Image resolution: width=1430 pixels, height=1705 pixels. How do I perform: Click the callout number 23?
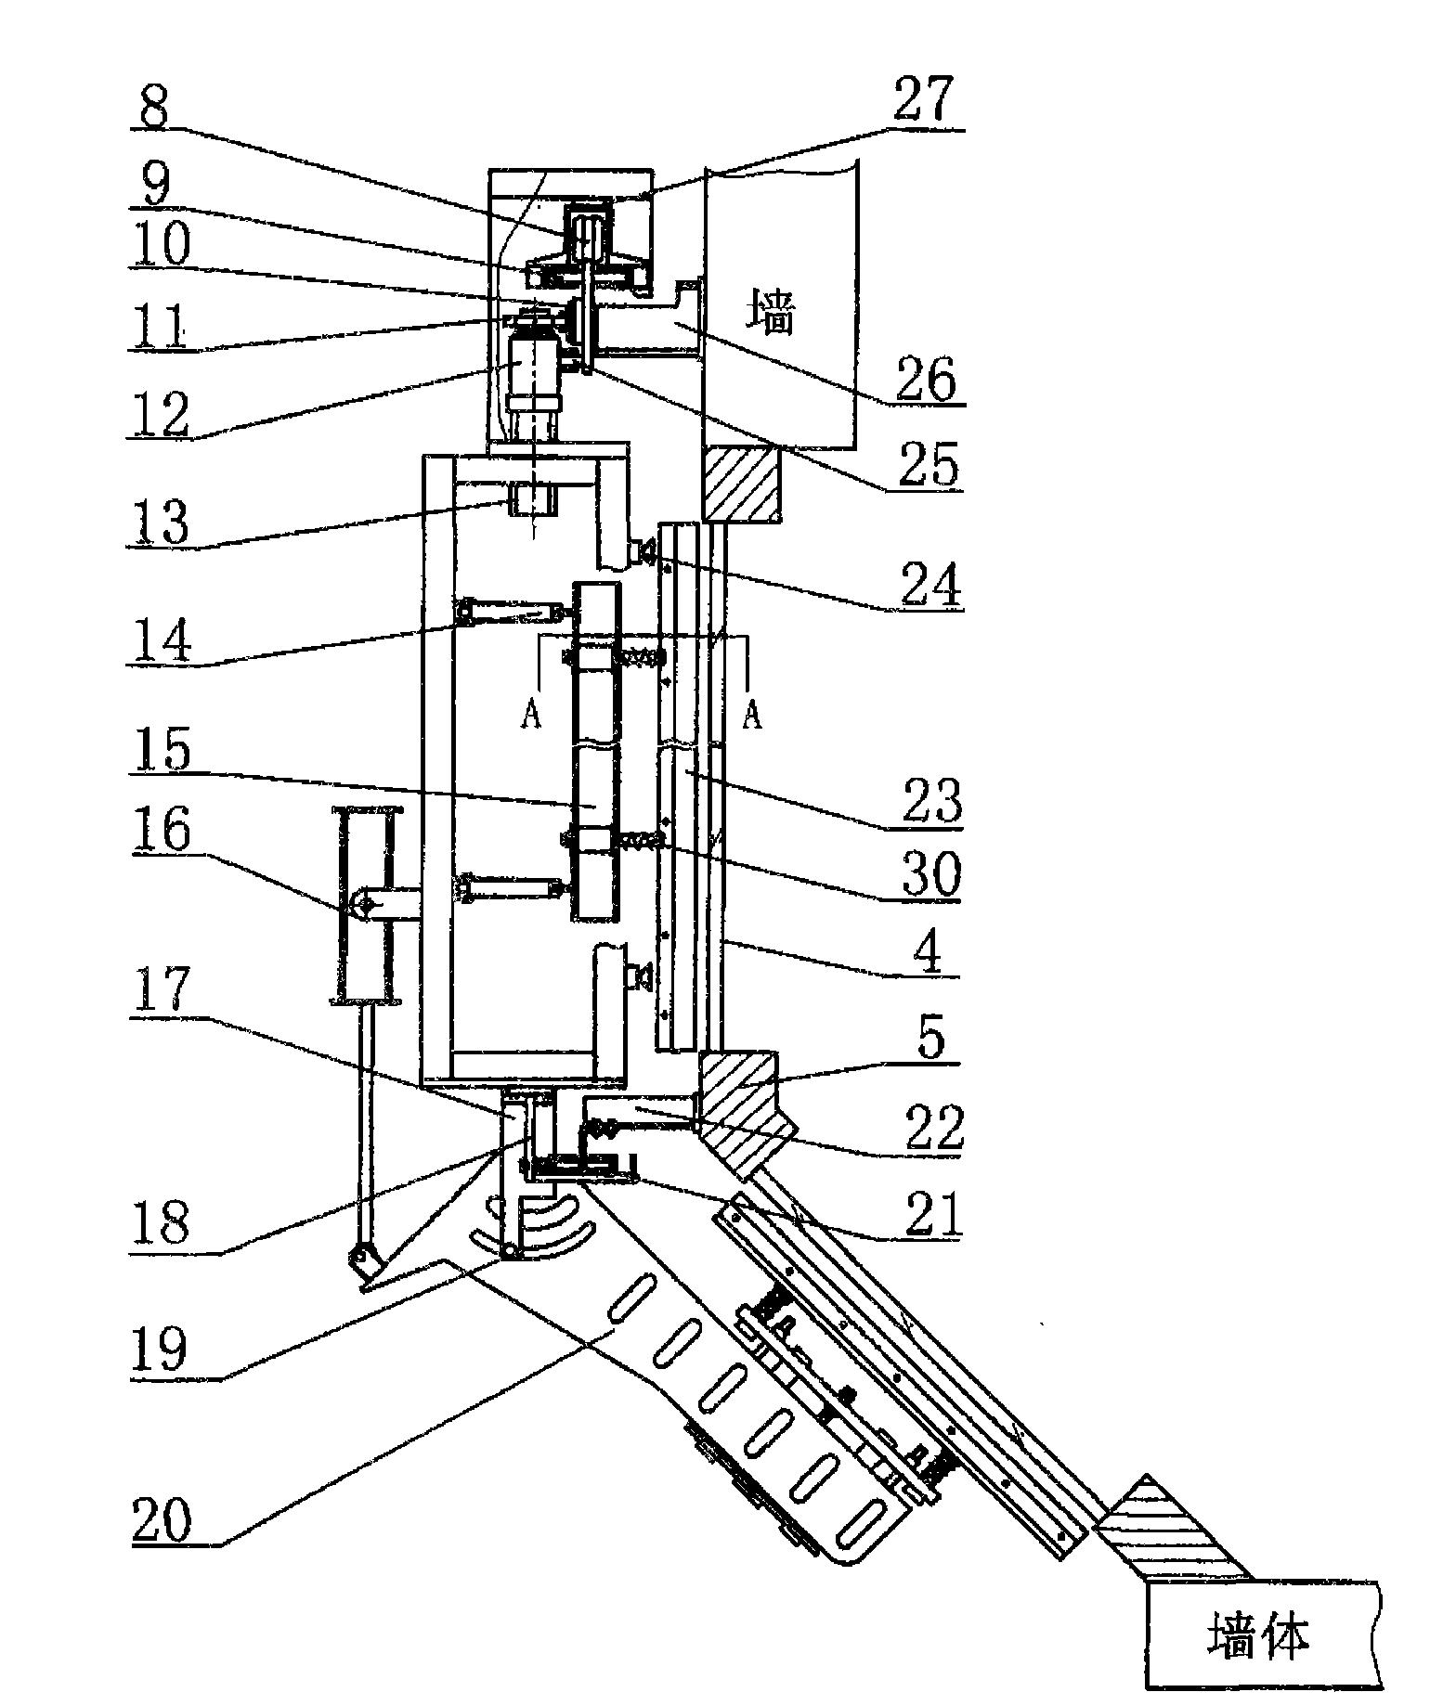coord(929,800)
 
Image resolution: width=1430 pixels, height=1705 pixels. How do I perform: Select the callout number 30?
coord(929,872)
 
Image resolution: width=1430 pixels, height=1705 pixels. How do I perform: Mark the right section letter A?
coord(752,715)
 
